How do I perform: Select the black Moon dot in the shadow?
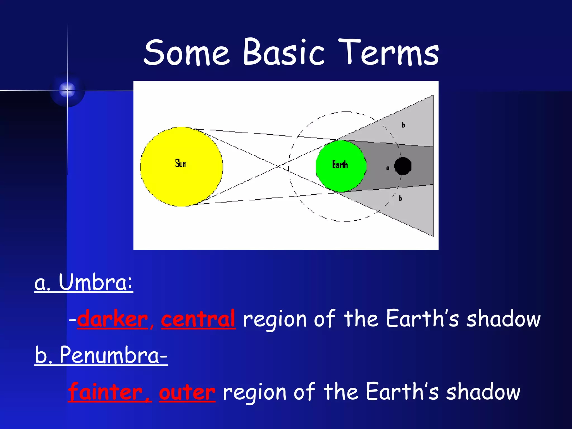403,166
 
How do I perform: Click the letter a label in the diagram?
388,168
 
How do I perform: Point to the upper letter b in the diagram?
403,125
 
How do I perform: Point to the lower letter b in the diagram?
401,198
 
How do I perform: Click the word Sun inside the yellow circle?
181,163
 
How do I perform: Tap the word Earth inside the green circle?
340,165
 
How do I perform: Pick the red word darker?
113,319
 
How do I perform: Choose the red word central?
198,319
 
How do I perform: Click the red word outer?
187,392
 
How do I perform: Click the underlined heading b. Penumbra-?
101,355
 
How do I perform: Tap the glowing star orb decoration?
67,90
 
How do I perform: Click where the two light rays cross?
278,166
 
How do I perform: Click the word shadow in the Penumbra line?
483,392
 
